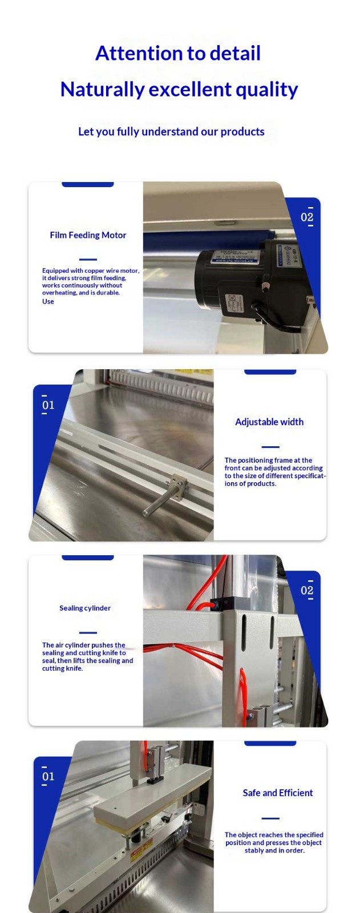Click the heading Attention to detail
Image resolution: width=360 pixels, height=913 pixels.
178,54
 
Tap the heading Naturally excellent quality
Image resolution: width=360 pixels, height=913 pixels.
179,90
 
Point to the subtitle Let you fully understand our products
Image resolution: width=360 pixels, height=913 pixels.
171,132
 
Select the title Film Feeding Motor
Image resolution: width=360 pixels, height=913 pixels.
88,235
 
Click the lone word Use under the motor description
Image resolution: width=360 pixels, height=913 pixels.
48,302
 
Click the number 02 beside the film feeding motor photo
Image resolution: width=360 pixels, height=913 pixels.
307,217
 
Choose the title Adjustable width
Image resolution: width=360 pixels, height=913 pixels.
269,422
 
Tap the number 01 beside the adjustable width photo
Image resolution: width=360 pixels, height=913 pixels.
48,405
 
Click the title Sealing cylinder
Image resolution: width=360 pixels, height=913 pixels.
85,608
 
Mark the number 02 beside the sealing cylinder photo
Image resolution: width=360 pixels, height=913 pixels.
307,591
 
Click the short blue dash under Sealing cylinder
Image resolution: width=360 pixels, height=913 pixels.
88,633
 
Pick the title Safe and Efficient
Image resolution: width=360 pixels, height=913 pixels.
278,793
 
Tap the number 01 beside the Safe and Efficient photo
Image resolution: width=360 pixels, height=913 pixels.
48,777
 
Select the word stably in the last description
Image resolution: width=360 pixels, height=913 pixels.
253,850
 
